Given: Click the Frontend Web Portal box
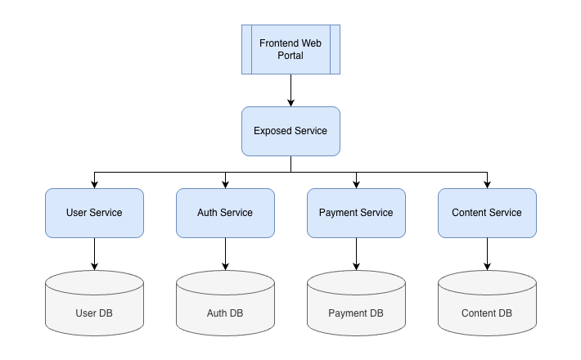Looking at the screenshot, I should pyautogui.click(x=290, y=49).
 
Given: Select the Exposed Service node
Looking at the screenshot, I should pyautogui.click(x=290, y=131).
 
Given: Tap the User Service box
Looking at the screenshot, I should pyautogui.click(x=94, y=213).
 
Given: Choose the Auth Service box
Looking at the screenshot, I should pyautogui.click(x=225, y=213).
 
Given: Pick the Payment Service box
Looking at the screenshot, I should pyautogui.click(x=356, y=213).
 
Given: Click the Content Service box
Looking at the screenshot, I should pyautogui.click(x=487, y=213).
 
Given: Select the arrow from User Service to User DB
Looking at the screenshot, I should pyautogui.click(x=94, y=254).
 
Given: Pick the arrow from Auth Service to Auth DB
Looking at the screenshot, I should pyautogui.click(x=225, y=254).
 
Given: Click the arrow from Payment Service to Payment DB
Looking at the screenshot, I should pyautogui.click(x=356, y=254).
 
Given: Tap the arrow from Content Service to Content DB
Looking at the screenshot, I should pyautogui.click(x=487, y=254).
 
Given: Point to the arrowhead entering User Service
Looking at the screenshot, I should pyautogui.click(x=94, y=184).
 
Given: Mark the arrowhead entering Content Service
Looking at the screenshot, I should pyautogui.click(x=487, y=184).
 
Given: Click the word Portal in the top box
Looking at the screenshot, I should pyautogui.click(x=290, y=56).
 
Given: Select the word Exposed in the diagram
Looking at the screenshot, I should pyautogui.click(x=271, y=131).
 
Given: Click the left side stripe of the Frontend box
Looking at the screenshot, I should pyautogui.click(x=246, y=49).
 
